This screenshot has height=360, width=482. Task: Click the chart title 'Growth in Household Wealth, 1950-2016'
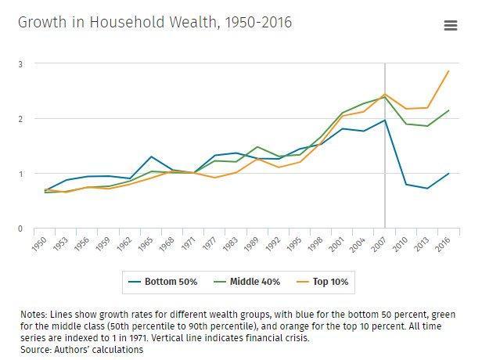coord(155,22)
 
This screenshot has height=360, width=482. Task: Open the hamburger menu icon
coord(450,25)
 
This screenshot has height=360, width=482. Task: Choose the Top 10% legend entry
coord(324,280)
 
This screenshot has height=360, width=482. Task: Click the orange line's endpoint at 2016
coord(448,71)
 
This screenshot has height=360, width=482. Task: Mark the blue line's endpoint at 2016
coord(448,173)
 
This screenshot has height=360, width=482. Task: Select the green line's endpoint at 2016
coord(448,110)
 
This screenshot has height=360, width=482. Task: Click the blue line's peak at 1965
coord(151,157)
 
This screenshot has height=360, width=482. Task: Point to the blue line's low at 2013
coord(427,189)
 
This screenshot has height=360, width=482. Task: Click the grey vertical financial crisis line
coord(385,157)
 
